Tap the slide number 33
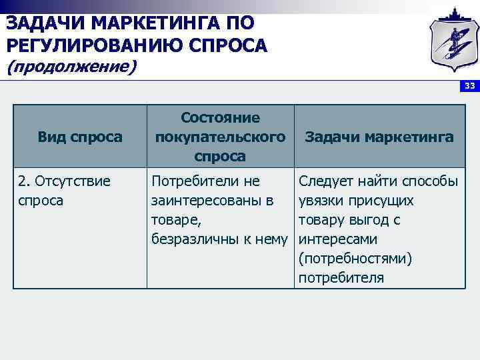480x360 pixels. [470, 86]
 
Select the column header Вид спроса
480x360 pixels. [80, 137]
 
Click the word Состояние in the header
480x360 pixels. [221, 117]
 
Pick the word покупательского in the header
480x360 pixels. [221, 137]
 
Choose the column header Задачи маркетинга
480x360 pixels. [379, 137]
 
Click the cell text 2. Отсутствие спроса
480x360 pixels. [64, 190]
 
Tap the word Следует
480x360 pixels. [325, 181]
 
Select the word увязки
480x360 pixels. [321, 200]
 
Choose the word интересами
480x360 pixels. [339, 239]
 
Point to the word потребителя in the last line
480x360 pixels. [341, 277]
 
